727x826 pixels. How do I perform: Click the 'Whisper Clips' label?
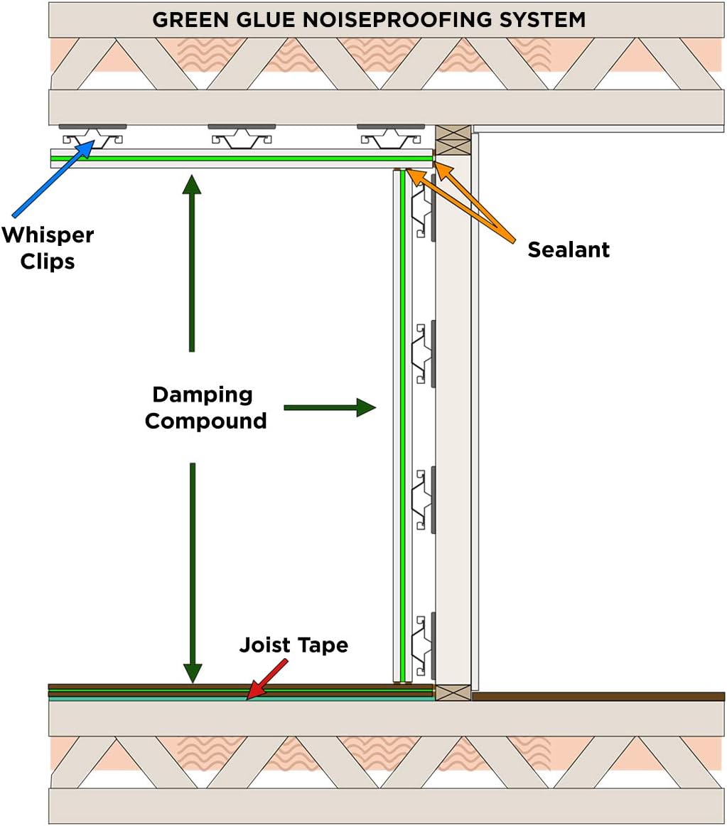[x=47, y=247]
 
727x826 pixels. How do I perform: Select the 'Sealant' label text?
[x=568, y=250]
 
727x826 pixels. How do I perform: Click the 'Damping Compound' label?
[x=205, y=407]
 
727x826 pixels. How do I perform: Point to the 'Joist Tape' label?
[x=294, y=645]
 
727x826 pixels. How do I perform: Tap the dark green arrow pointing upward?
[x=192, y=263]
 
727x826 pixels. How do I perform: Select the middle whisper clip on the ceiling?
[x=242, y=135]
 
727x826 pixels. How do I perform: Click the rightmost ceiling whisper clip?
[x=390, y=135]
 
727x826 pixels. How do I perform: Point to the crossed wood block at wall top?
[x=453, y=140]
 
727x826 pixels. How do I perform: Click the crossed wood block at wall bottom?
[x=453, y=692]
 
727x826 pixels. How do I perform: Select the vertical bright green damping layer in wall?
[x=403, y=427]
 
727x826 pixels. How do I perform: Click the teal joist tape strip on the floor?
[x=242, y=698]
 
